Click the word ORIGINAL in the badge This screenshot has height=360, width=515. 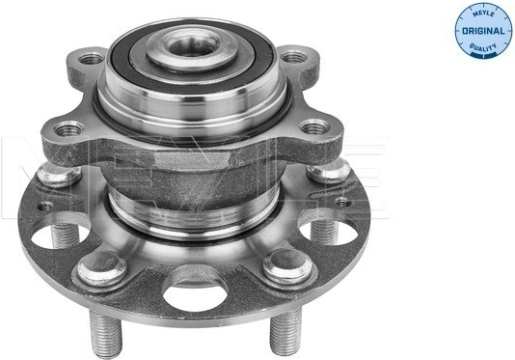(483, 31)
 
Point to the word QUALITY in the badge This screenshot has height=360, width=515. (483, 47)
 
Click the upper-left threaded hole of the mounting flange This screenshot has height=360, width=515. (91, 59)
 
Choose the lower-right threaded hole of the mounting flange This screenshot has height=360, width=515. (314, 126)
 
